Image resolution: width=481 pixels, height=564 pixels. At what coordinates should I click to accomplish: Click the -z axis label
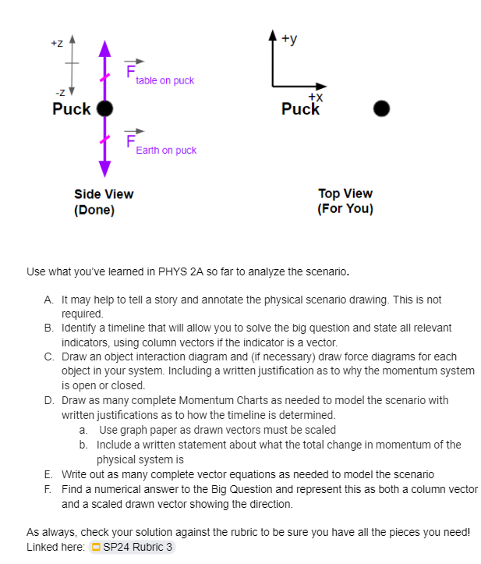tap(56, 94)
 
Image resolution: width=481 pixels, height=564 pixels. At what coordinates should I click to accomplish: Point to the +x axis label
tap(315, 97)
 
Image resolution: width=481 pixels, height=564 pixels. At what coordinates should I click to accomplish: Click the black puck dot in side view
tap(104, 108)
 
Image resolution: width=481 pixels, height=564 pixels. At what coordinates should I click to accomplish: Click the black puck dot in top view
tap(380, 108)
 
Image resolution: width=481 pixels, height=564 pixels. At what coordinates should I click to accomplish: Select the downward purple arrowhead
tap(104, 169)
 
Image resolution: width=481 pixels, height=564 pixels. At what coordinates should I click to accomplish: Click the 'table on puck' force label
tap(164, 80)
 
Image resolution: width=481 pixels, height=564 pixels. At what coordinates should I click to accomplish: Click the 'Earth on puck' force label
tap(166, 150)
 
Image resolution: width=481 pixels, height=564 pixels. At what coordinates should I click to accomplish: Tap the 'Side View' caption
tap(104, 194)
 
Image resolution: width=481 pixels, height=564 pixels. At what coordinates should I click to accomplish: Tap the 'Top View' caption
tap(345, 193)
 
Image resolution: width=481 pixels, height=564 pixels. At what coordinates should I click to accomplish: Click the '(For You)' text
tap(345, 209)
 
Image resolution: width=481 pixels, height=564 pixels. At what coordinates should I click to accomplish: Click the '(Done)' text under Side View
tap(94, 210)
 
